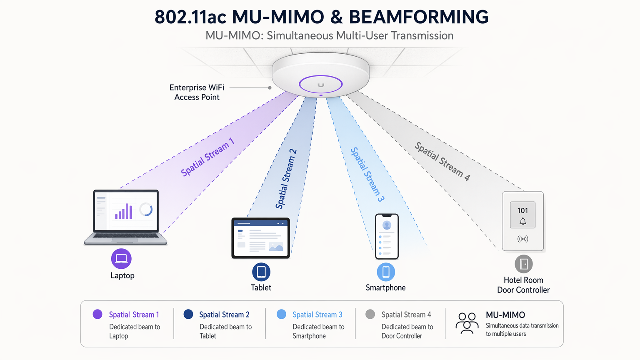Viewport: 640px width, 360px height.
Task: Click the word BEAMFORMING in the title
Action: [x=418, y=17]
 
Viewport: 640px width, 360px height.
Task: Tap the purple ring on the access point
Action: [x=320, y=85]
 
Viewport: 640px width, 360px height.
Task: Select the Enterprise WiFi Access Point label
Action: [x=197, y=92]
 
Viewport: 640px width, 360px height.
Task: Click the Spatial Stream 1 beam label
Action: [x=207, y=157]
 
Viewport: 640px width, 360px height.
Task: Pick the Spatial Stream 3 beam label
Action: [x=367, y=174]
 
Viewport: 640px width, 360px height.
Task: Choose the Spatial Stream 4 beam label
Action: [x=442, y=161]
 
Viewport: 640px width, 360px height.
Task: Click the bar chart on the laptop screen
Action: [x=123, y=212]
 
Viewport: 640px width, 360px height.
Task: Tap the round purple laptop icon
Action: [x=121, y=259]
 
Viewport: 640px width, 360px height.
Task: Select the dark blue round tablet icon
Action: [x=261, y=272]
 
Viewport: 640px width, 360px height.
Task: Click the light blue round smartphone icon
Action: [x=386, y=272]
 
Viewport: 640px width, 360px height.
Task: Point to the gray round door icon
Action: [x=524, y=264]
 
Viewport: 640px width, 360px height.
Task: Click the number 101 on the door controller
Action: [x=522, y=210]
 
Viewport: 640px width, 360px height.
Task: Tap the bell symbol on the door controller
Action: [x=522, y=222]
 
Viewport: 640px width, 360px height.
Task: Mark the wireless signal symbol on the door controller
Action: [x=522, y=239]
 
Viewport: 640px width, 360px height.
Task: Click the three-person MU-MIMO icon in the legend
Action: [x=467, y=323]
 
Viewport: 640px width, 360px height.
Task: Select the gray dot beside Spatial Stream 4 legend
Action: [x=370, y=314]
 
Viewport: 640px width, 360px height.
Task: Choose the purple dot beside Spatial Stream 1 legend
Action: [x=97, y=314]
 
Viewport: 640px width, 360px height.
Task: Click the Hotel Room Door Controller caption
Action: [x=523, y=285]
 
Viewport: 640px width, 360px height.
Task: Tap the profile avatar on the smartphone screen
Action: [x=387, y=225]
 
